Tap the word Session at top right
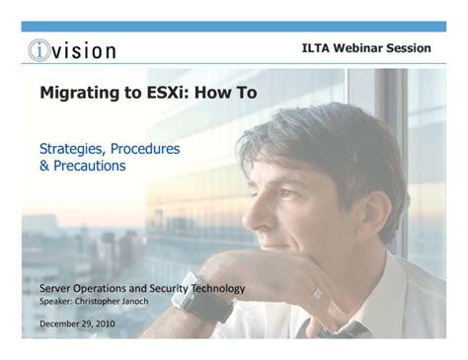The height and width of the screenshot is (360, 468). tap(411, 48)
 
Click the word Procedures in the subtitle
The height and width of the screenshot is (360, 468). tap(147, 148)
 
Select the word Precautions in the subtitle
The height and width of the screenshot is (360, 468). tap(90, 167)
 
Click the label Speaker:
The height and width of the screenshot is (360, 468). tap(56, 302)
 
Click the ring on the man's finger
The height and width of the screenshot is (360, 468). tap(317, 292)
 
